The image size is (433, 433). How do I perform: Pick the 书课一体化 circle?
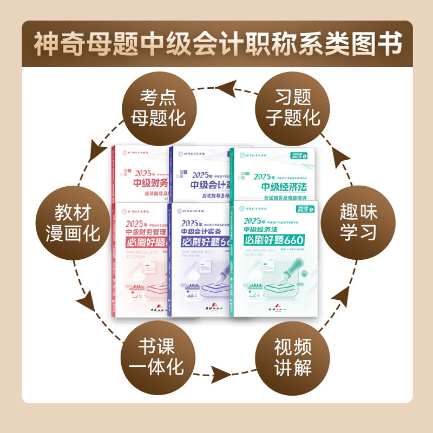[x=157, y=356]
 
